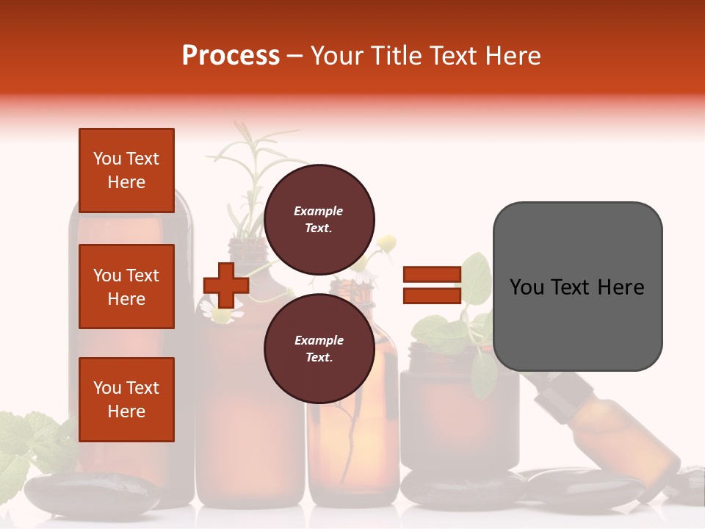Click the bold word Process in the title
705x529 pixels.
tap(231, 55)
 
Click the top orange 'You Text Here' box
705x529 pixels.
tap(126, 170)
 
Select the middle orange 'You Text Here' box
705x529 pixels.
tap(126, 287)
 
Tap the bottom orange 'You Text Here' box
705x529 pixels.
tap(126, 400)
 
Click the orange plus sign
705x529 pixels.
tap(226, 285)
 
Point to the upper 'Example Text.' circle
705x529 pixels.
tap(319, 219)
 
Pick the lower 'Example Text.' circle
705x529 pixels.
tap(319, 348)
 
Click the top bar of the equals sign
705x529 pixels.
tap(432, 275)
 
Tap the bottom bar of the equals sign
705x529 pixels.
tap(432, 295)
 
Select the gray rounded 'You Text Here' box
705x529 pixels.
tap(577, 287)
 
